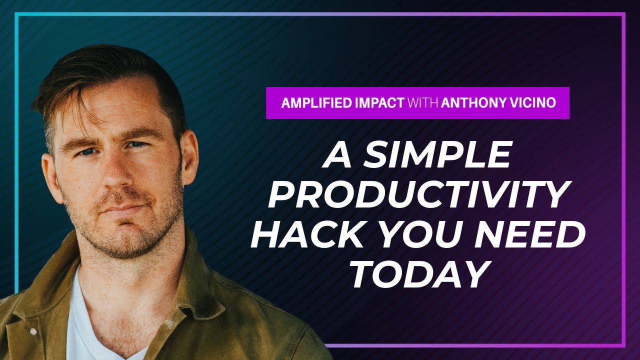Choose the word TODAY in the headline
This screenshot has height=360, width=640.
417,275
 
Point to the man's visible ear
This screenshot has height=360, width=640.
187,160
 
